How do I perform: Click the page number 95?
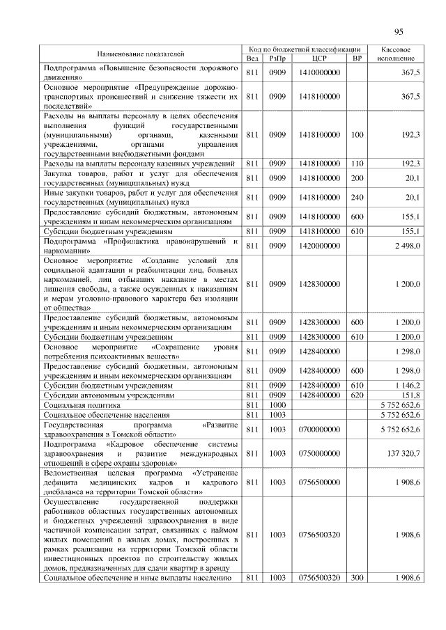click(399, 31)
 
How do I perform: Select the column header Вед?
click(253, 58)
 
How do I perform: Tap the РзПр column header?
click(278, 58)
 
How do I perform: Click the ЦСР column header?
click(319, 58)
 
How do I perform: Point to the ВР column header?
click(357, 58)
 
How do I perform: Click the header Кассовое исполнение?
click(400, 54)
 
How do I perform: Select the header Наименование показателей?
click(141, 54)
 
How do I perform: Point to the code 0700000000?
click(319, 429)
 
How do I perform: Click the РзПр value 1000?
click(278, 404)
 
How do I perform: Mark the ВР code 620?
click(357, 394)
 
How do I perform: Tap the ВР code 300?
click(357, 578)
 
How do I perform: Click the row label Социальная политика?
click(82, 404)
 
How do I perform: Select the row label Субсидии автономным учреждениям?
click(109, 394)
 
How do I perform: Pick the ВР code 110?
click(357, 164)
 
